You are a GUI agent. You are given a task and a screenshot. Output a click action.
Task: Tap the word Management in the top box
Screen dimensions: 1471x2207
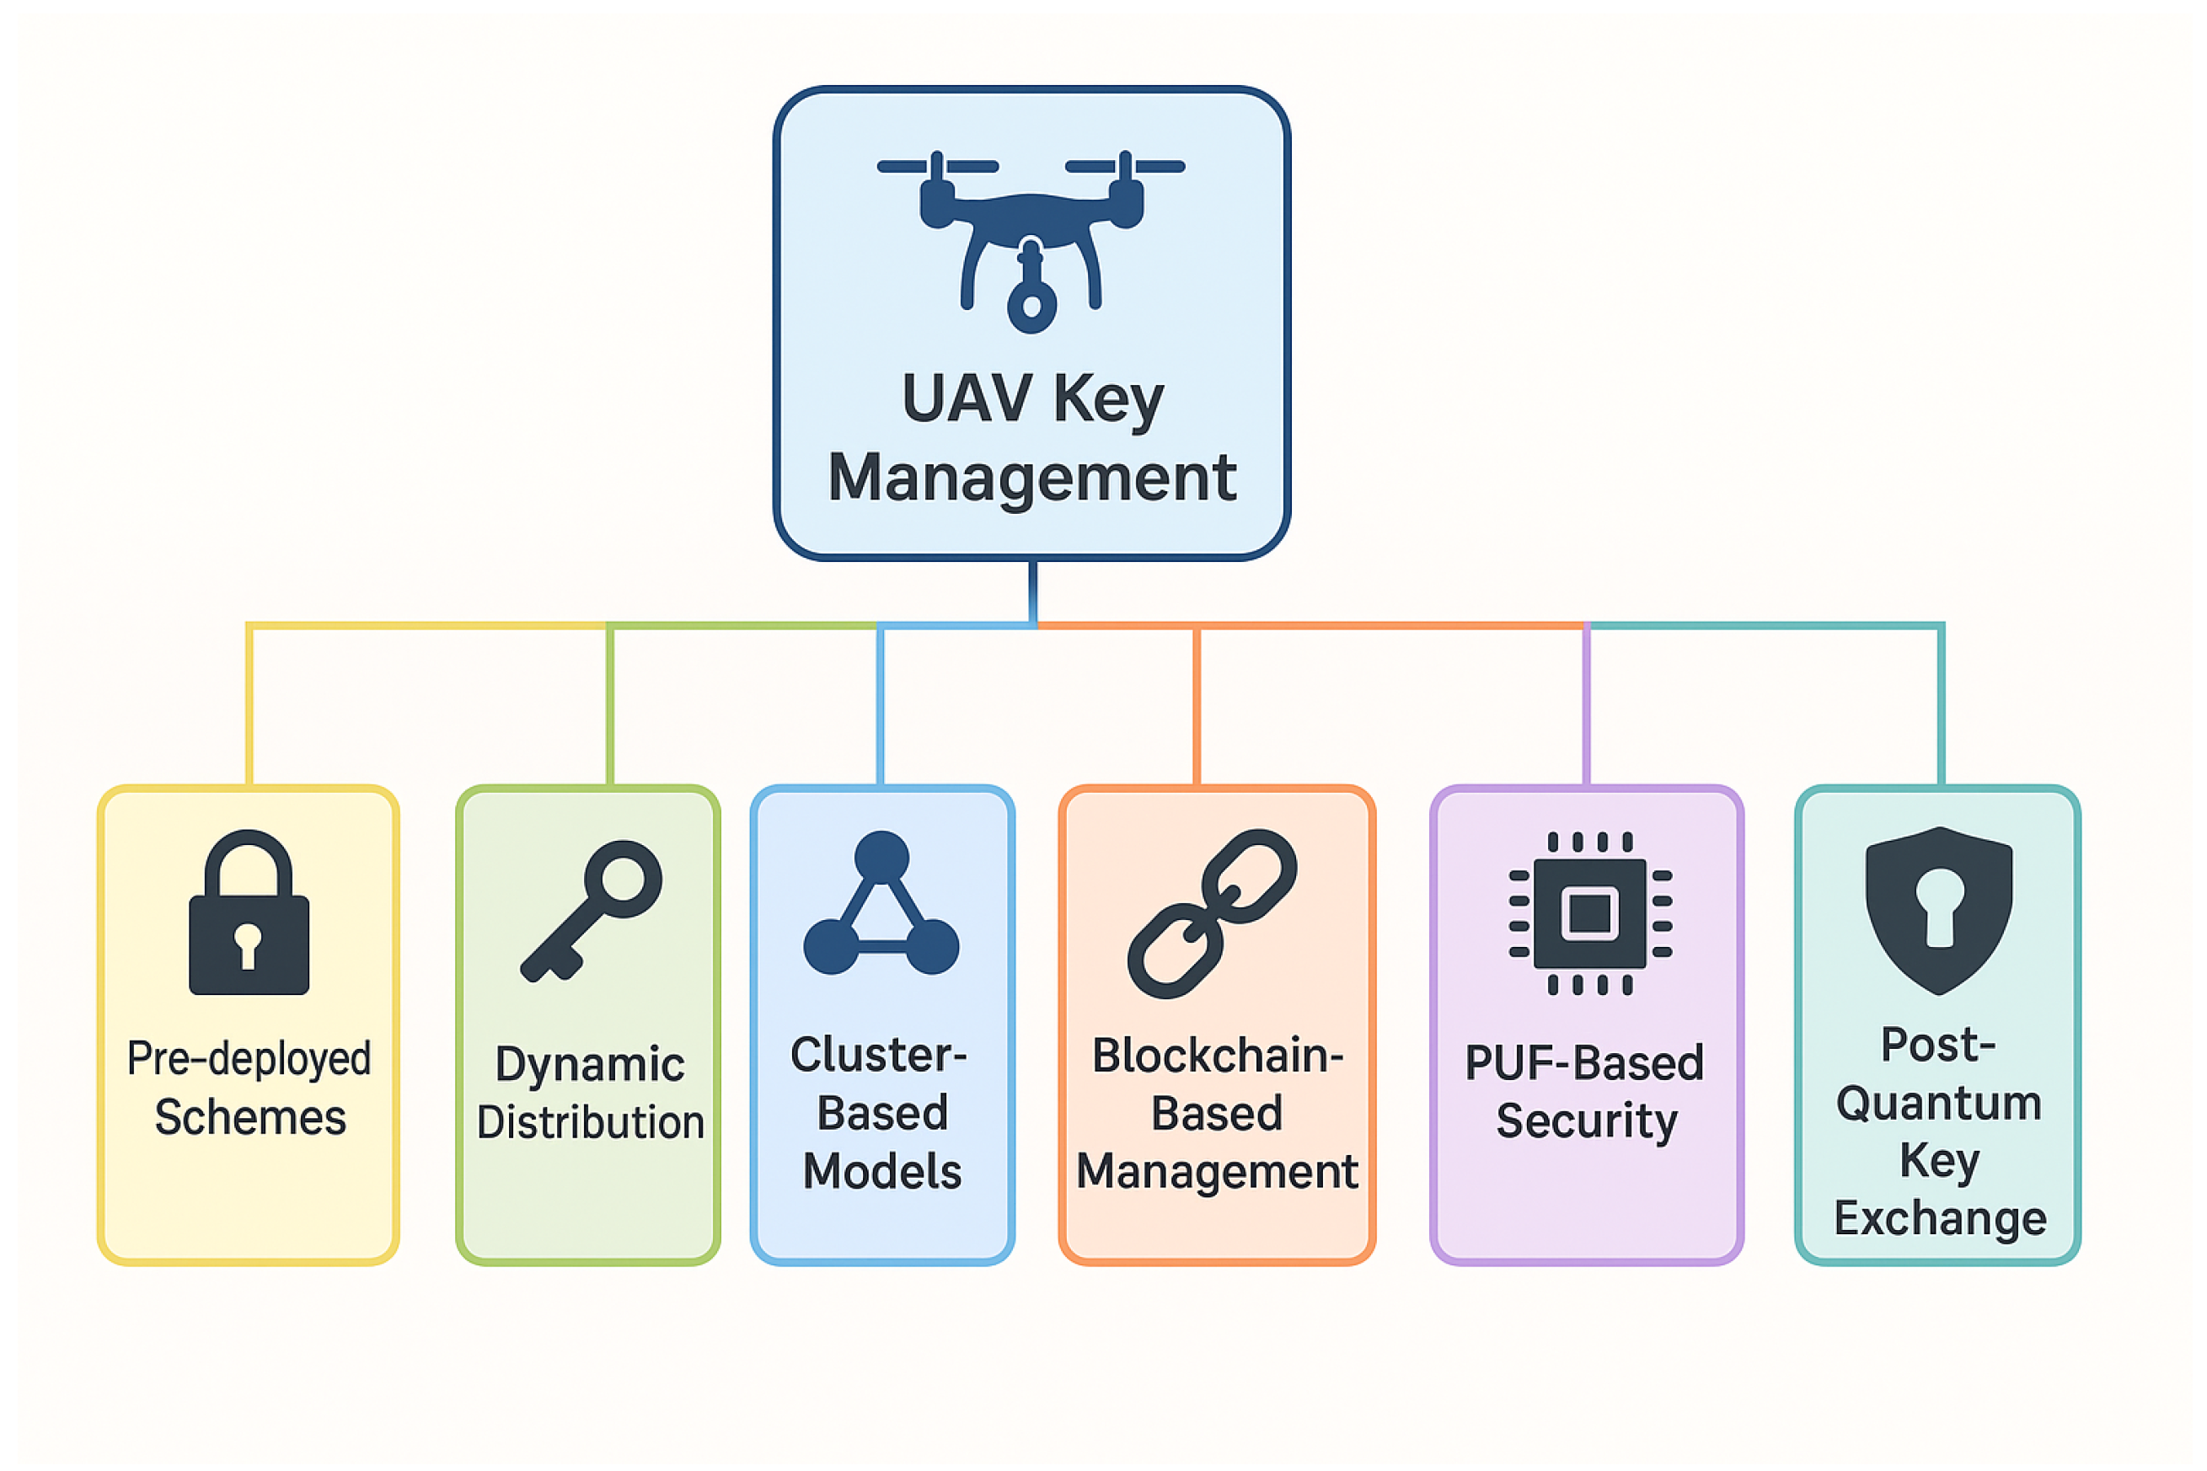[x=1031, y=478]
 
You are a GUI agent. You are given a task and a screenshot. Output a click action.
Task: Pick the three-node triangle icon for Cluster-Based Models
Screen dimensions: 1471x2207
[x=881, y=906]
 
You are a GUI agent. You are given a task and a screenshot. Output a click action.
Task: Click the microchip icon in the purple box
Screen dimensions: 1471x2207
[x=1589, y=912]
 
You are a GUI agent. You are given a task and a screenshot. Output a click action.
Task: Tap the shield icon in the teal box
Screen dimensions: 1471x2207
[x=1939, y=910]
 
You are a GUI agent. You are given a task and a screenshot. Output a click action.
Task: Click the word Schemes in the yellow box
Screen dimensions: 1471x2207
[x=250, y=1118]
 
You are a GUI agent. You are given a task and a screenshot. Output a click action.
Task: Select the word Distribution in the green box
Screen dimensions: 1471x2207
[x=590, y=1123]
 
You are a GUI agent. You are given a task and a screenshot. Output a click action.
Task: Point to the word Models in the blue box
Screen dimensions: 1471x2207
[x=882, y=1172]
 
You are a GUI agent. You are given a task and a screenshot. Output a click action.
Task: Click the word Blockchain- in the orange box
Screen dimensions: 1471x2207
[x=1217, y=1056]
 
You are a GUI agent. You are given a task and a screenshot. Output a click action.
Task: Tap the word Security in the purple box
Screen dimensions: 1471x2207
[x=1587, y=1121]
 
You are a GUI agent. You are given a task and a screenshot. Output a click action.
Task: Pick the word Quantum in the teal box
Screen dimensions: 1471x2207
[x=1939, y=1104]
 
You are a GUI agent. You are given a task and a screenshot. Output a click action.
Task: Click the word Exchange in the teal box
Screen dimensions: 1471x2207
[x=1940, y=1218]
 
